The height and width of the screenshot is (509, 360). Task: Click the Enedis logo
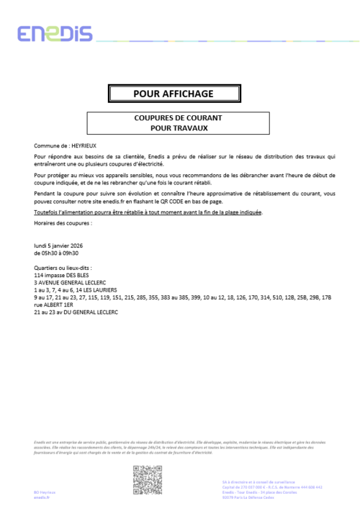(55, 34)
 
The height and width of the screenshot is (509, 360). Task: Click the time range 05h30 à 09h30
(57, 253)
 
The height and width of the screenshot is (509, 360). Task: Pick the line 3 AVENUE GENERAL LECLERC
(71, 281)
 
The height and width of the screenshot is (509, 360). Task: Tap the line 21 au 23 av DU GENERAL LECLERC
(76, 311)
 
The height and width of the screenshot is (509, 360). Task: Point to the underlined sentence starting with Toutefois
(148, 212)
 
